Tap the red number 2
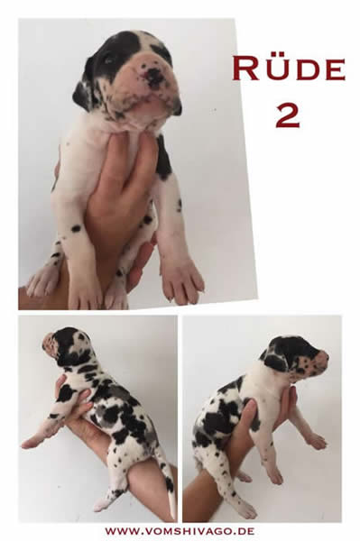[288, 115]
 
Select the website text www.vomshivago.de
[180, 531]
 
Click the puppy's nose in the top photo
[154, 76]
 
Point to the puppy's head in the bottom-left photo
[68, 346]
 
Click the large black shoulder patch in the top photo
[163, 159]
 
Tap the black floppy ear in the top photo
[82, 93]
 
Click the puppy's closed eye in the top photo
[110, 60]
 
